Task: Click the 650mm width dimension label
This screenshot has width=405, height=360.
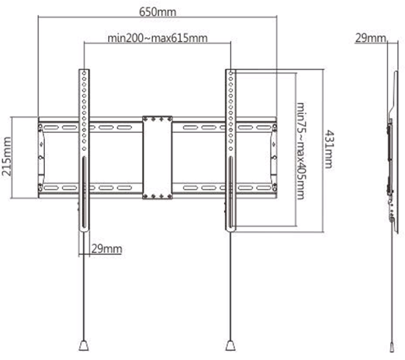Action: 158,12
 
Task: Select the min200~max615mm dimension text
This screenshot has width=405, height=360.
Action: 158,38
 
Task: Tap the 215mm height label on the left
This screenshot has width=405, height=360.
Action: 7,156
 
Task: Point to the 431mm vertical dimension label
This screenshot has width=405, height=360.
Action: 329,149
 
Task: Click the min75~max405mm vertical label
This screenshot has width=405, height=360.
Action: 300,151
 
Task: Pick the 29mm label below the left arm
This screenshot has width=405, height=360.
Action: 107,249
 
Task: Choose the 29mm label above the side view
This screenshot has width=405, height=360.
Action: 370,38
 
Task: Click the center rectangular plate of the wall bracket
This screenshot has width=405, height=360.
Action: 158,158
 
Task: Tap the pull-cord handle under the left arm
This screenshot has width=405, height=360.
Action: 84,345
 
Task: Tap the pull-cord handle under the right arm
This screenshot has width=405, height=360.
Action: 230,345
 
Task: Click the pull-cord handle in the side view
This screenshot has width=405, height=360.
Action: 393,347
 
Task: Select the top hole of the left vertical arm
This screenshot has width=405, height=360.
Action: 84,74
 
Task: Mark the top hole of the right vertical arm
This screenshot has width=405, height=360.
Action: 230,74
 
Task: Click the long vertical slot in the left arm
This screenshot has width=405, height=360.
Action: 84,193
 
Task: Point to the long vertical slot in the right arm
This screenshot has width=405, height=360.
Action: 230,193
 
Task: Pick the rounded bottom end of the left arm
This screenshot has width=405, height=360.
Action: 84,229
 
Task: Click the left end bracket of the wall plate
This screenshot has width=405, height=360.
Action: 41,158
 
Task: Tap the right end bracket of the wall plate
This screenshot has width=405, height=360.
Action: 273,158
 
